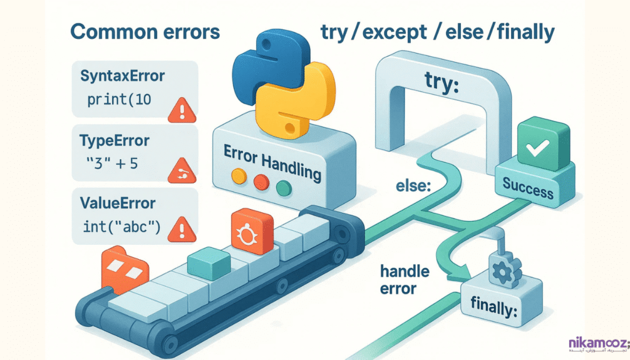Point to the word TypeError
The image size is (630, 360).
(x=114, y=140)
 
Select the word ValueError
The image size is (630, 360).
(x=118, y=202)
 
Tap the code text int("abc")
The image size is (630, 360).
(x=121, y=226)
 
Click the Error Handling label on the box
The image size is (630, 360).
(x=275, y=163)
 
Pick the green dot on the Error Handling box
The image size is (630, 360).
(x=284, y=187)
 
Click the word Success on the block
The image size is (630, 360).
(x=527, y=187)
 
